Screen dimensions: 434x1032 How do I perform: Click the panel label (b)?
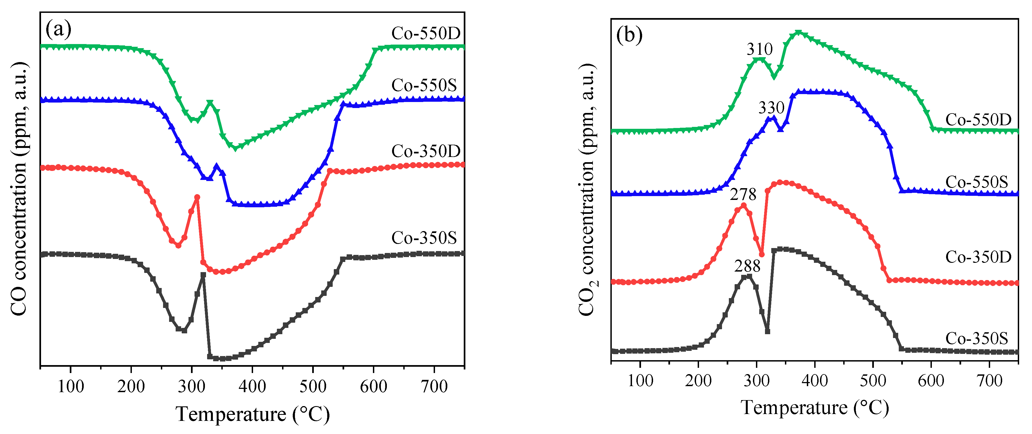tap(629, 35)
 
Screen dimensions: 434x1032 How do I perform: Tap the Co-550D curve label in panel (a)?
tap(426, 33)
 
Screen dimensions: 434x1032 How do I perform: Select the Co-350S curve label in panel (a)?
tap(424, 238)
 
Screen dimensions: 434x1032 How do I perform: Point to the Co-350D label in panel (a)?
tap(426, 151)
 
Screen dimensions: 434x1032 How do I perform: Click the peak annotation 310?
tap(759, 49)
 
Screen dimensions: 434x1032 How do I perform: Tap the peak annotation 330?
tap(771, 108)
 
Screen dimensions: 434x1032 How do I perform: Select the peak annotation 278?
tap(743, 195)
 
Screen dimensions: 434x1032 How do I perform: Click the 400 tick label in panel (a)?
tap(252, 387)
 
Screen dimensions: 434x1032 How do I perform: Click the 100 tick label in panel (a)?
tap(71, 387)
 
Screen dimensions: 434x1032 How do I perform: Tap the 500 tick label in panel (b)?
tap(873, 380)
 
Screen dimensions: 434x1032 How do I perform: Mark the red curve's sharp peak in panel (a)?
tap(197, 197)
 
